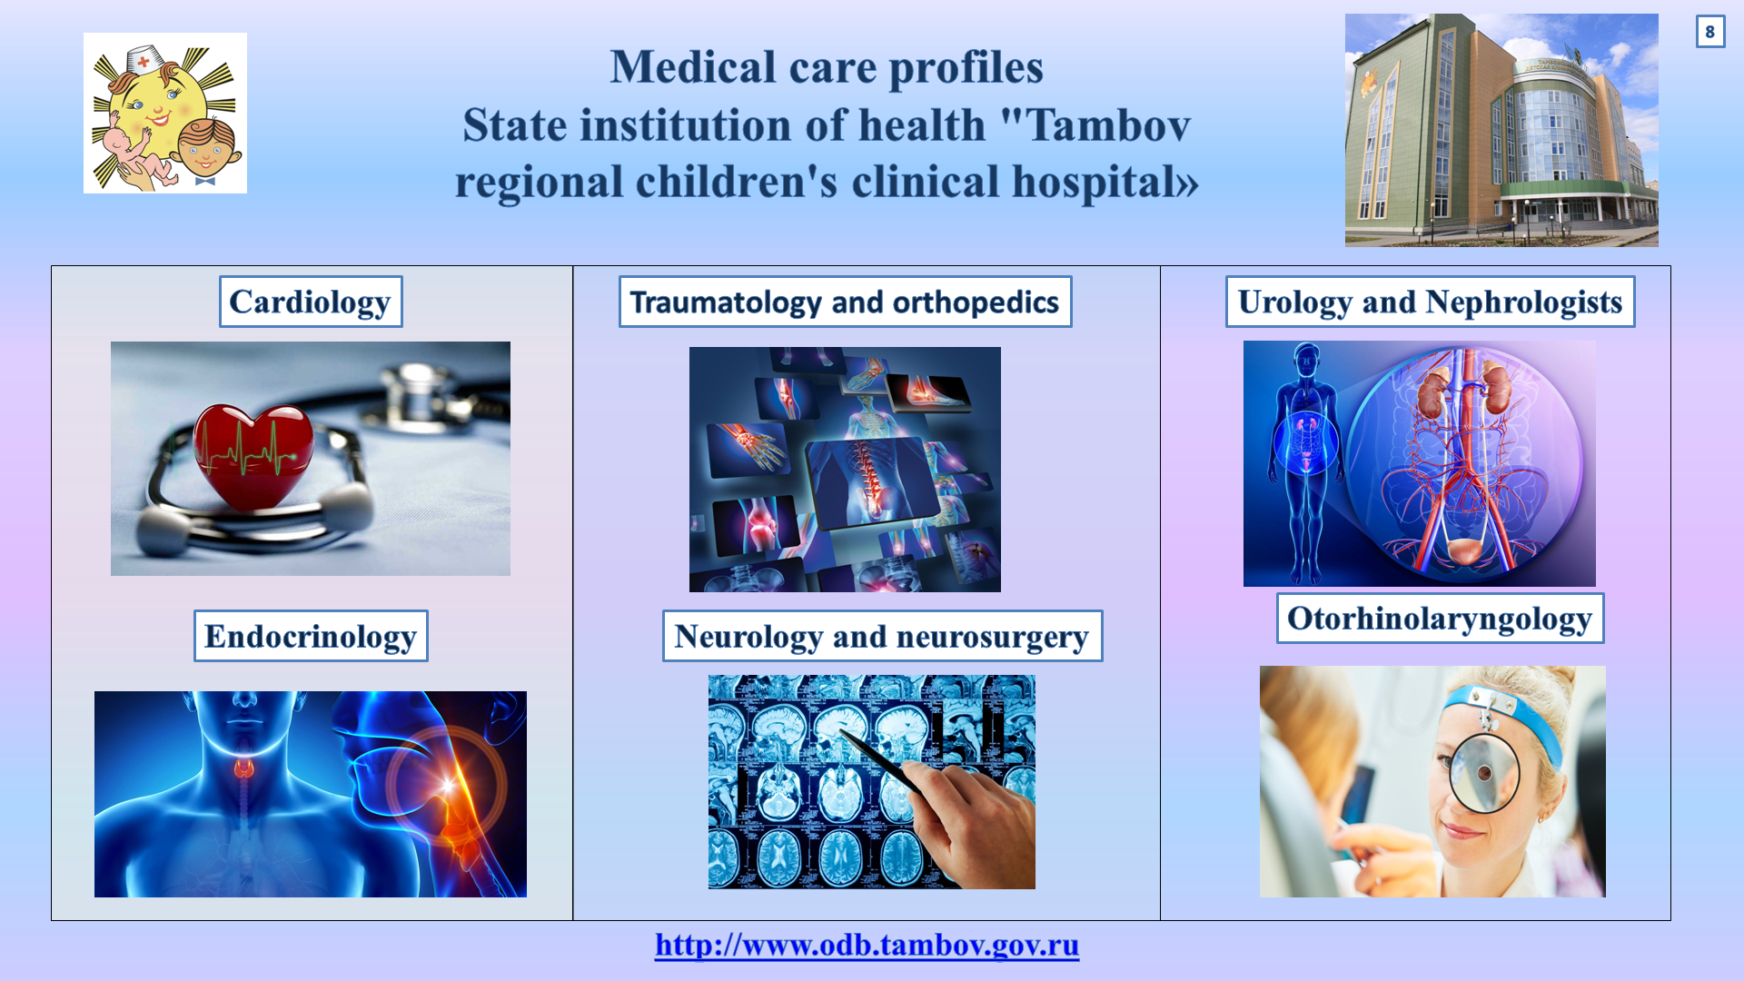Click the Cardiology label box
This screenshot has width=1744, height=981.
click(x=311, y=302)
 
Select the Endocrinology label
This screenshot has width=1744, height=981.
click(x=311, y=636)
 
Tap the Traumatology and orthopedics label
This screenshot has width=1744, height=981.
click(x=845, y=302)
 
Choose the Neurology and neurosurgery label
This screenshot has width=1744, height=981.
click(x=882, y=636)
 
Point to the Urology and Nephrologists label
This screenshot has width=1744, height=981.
click(x=1430, y=302)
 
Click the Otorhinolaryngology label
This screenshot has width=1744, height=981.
click(x=1440, y=618)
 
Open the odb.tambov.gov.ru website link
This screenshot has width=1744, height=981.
click(x=867, y=945)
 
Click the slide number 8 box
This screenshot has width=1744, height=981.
click(x=1709, y=32)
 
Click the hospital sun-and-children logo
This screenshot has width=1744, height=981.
click(x=165, y=113)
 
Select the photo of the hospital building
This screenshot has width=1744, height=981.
click(x=1501, y=130)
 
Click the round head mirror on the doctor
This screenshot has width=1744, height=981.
click(x=1484, y=772)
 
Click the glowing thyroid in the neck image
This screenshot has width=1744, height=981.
click(x=244, y=768)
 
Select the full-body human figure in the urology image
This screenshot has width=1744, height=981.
click(x=1306, y=463)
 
